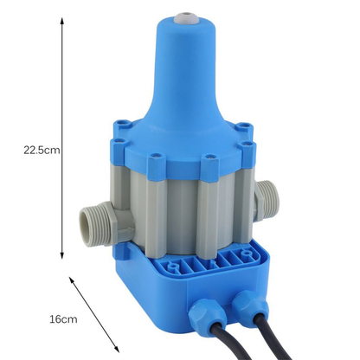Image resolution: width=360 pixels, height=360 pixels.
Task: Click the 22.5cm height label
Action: (41, 149)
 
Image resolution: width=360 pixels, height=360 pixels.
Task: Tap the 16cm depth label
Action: (63, 319)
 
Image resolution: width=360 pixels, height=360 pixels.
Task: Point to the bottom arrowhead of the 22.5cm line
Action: (62, 255)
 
